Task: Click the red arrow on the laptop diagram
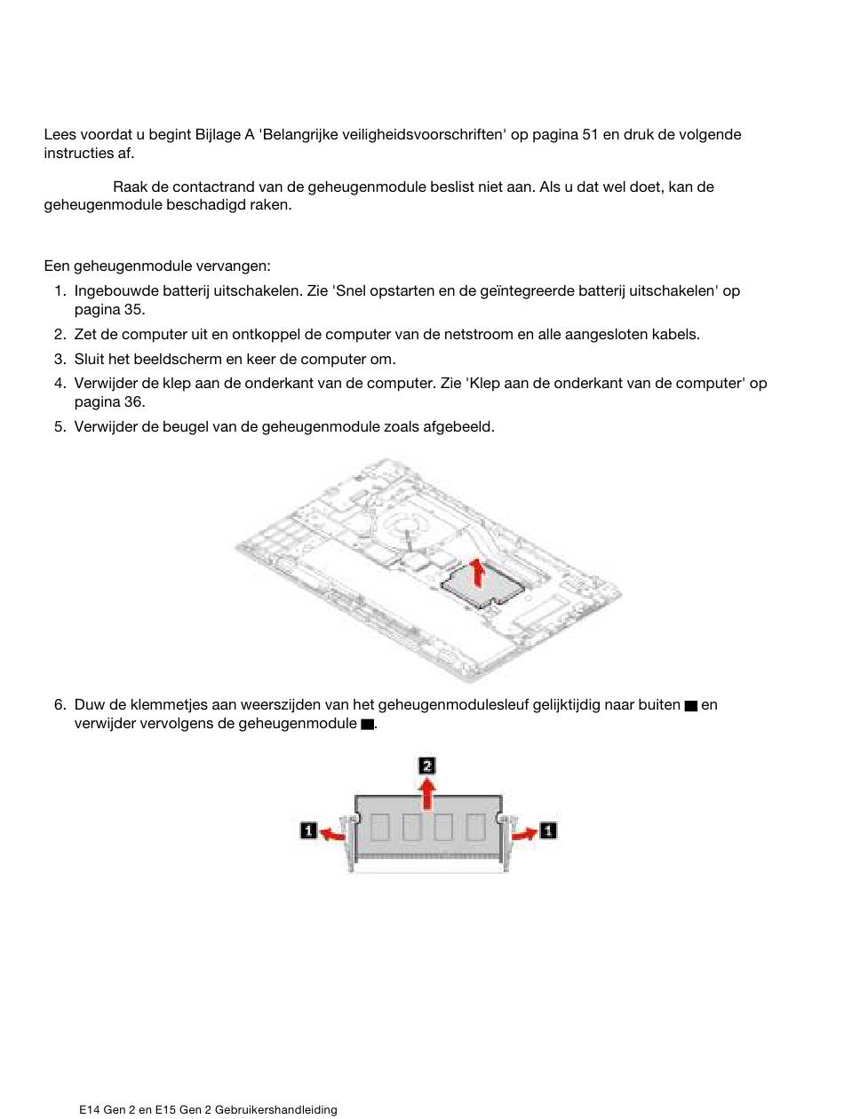pos(478,573)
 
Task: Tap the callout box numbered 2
pos(427,766)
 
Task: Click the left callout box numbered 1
pos(308,830)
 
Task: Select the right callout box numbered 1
pos(548,830)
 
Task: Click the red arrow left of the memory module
pos(331,833)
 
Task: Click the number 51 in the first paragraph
pos(590,135)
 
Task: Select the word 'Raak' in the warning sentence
pos(130,187)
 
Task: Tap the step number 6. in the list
pos(60,705)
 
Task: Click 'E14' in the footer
pos(89,1110)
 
